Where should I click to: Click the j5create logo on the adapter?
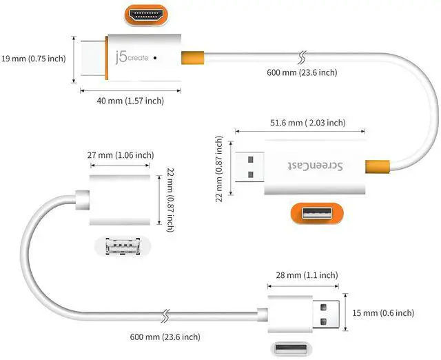pyautogui.click(x=132, y=57)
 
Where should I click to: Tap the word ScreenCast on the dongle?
pyautogui.click(x=315, y=166)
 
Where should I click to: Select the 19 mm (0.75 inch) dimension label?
pyautogui.click(x=34, y=59)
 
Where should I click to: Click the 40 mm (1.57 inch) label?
pyautogui.click(x=130, y=101)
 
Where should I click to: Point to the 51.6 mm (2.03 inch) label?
pyautogui.click(x=308, y=123)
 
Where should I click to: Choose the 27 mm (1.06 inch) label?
pyautogui.click(x=121, y=155)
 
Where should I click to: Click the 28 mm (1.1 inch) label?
pyautogui.click(x=307, y=275)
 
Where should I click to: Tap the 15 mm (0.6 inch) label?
pyautogui.click(x=383, y=312)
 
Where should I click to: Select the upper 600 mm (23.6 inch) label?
pyautogui.click(x=302, y=72)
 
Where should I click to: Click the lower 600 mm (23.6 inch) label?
pyautogui.click(x=165, y=337)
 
